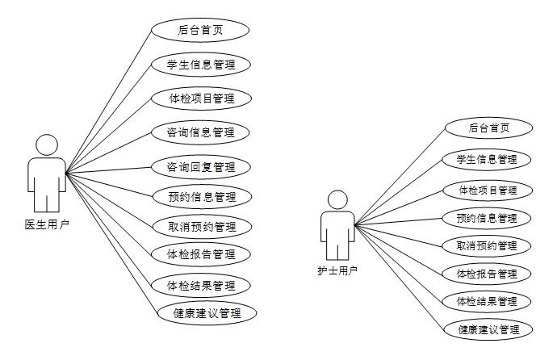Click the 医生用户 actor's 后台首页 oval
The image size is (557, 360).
pos(200,31)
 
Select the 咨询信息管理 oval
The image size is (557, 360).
pos(201,132)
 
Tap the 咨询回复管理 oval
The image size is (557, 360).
pos(201,167)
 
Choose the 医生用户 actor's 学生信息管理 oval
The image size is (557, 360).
pos(201,65)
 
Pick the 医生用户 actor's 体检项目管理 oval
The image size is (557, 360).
pos(201,98)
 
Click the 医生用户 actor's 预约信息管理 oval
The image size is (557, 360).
pos(201,196)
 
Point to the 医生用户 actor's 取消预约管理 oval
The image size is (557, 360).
pos(201,226)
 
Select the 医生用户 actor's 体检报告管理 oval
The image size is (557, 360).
pos(201,255)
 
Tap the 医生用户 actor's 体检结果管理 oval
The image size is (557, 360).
pos(201,285)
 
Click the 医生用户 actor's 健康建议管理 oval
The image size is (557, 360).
pos(207,313)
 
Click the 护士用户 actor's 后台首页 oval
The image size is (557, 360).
pos(488,128)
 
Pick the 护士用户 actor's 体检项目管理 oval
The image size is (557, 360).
pos(487,190)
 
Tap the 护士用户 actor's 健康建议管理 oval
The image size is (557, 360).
pos(488,329)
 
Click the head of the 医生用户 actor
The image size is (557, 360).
pos(48,145)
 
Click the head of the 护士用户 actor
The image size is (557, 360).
pos(337,200)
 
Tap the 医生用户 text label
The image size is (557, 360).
pos(47,224)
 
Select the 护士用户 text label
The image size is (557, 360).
pos(337,271)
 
